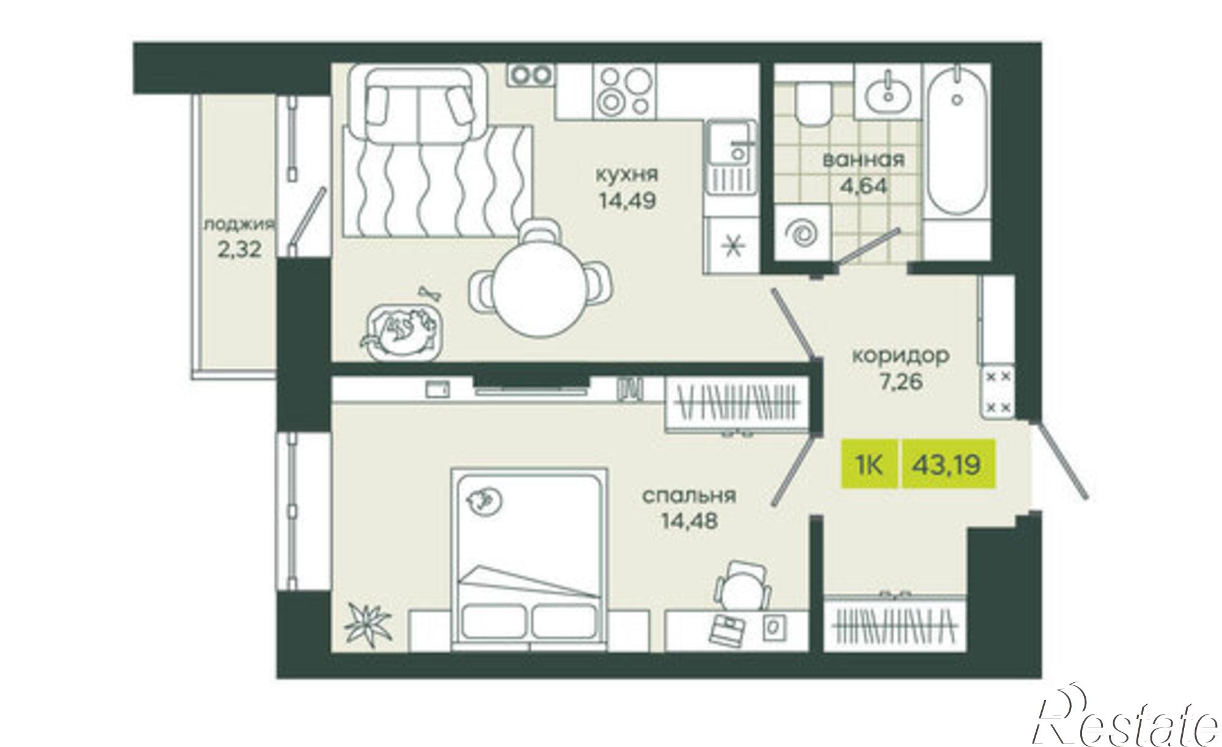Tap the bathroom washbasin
888,92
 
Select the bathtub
957,147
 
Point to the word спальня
689,496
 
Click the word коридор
901,355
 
